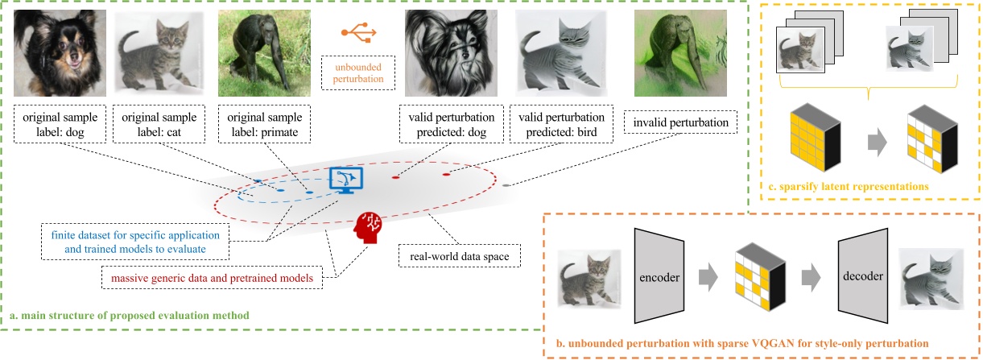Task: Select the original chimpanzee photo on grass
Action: pyautogui.click(x=253, y=50)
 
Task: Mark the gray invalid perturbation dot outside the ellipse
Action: pyautogui.click(x=506, y=184)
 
